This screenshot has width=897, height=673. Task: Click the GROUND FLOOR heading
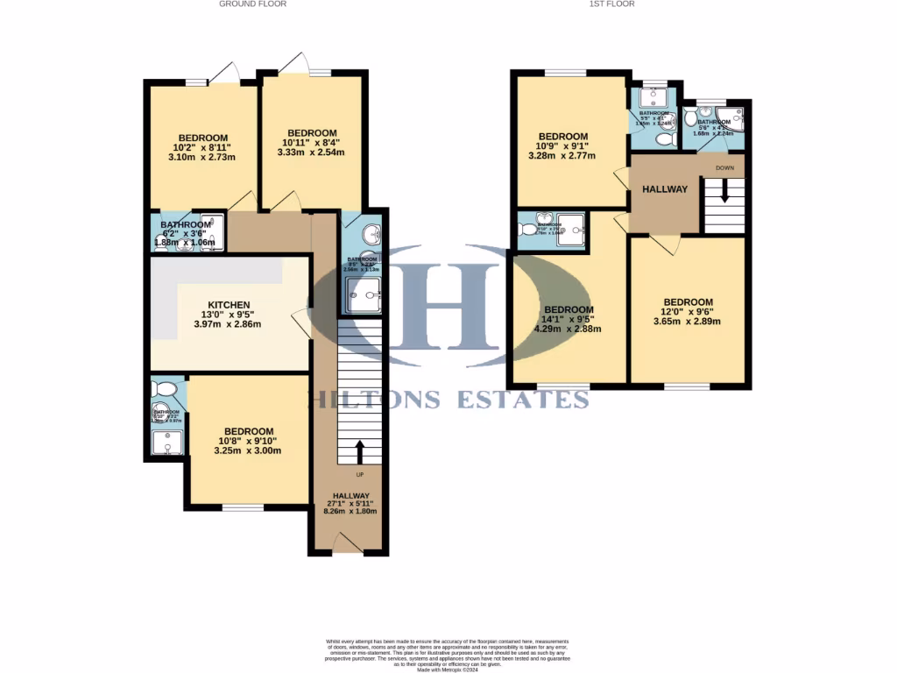point(252,4)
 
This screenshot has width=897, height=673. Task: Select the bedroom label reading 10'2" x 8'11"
point(203,138)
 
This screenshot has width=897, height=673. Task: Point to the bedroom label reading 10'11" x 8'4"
point(311,133)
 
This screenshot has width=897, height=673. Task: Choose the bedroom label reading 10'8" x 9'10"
point(249,431)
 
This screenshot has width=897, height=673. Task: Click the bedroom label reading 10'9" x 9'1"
point(565,136)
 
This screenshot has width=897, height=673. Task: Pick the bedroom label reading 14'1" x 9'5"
point(569,309)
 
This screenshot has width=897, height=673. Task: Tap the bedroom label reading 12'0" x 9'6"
point(687,302)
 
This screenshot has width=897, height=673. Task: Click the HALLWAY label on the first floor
point(665,189)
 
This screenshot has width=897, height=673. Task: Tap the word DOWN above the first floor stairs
point(724,167)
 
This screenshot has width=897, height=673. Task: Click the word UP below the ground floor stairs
point(360,476)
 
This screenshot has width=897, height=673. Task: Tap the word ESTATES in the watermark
point(520,400)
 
